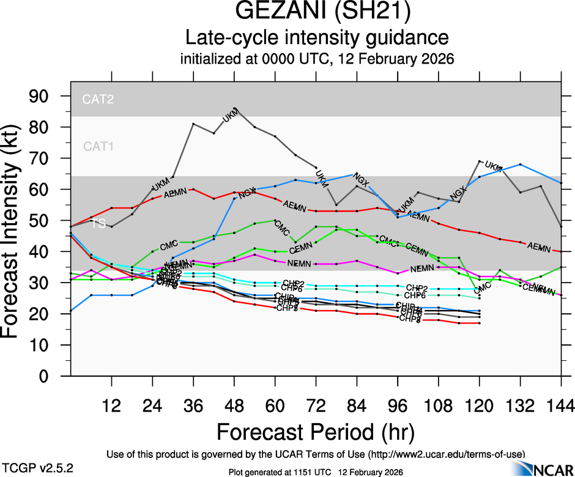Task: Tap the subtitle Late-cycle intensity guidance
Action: tap(316, 38)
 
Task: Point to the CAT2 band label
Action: tap(98, 98)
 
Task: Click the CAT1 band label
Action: tap(98, 146)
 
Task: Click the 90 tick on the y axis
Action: tap(48, 96)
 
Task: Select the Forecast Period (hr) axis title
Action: tap(316, 432)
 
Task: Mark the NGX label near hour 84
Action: tap(362, 182)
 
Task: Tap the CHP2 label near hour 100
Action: tap(417, 287)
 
